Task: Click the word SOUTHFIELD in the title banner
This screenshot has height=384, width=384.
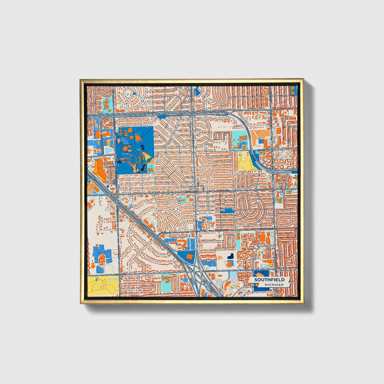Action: coord(269,280)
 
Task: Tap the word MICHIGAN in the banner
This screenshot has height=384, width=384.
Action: coord(274,285)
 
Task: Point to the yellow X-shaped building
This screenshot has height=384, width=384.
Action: coord(287,154)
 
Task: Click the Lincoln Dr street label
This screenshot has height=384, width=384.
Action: coord(265,150)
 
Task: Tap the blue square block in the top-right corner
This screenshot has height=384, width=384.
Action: coord(294,90)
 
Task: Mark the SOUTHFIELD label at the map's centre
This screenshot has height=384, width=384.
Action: coord(192,192)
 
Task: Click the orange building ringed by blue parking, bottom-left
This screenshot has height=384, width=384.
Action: coord(101,259)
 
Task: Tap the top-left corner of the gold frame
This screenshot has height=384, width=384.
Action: coord(81,80)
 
